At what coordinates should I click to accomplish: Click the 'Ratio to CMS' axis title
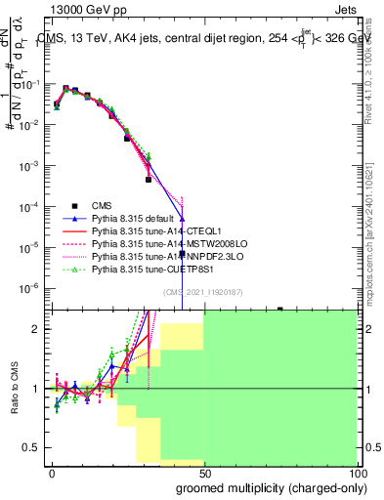tap(15, 389)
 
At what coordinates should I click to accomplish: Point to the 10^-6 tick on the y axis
tap(35, 287)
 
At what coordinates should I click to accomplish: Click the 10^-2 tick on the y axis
tap(35, 125)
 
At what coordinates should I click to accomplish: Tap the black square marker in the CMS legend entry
tap(73, 206)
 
